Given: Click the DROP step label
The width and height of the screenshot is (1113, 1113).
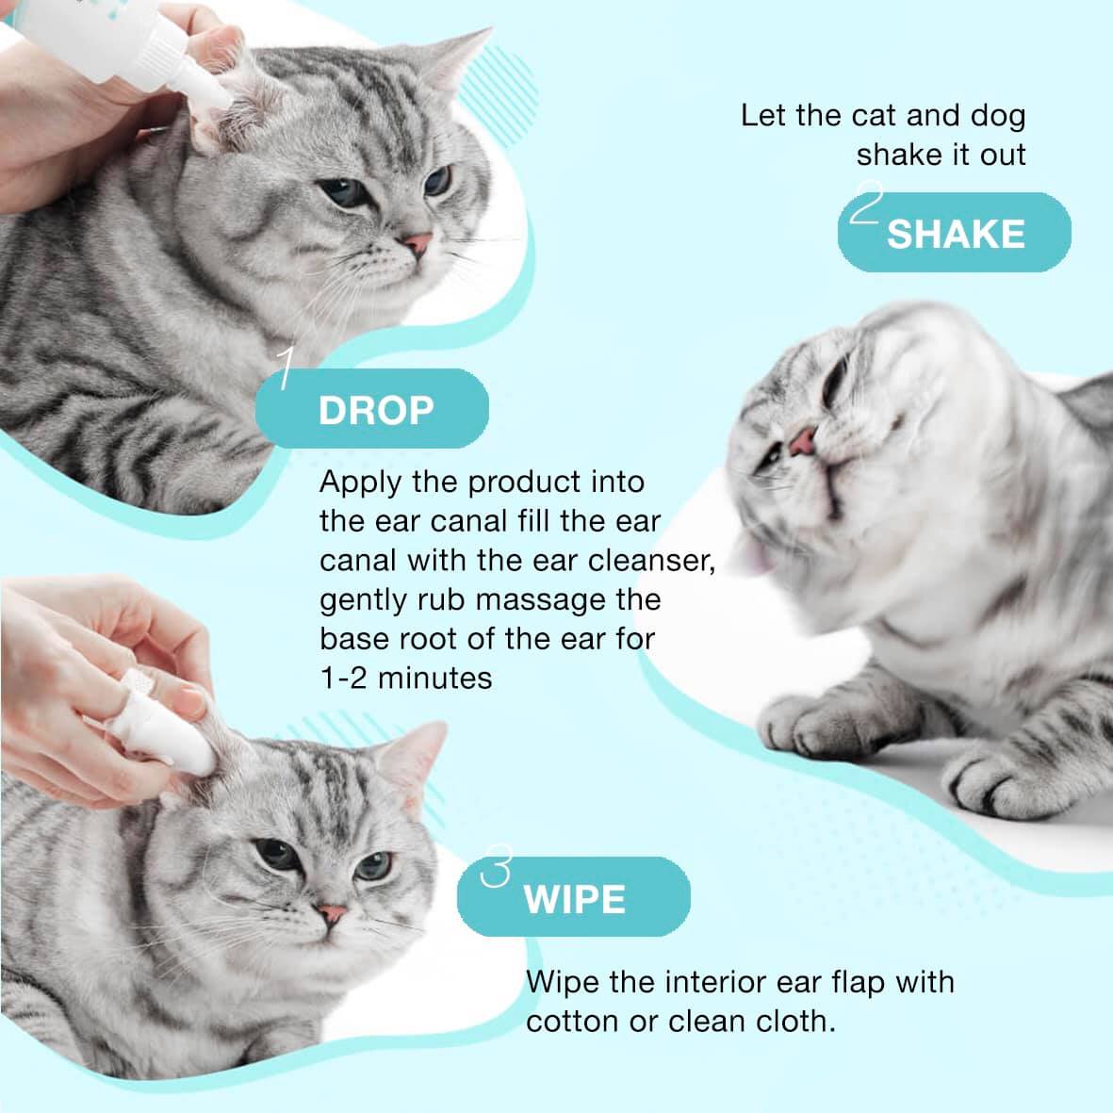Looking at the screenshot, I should click(376, 410).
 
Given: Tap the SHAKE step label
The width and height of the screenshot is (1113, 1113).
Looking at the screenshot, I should click(955, 234).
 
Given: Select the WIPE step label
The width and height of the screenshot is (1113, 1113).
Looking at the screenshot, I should click(574, 899).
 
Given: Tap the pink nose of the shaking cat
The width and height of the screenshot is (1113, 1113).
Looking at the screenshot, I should click(803, 440).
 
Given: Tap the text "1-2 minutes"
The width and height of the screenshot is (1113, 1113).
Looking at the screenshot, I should click(405, 678).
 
